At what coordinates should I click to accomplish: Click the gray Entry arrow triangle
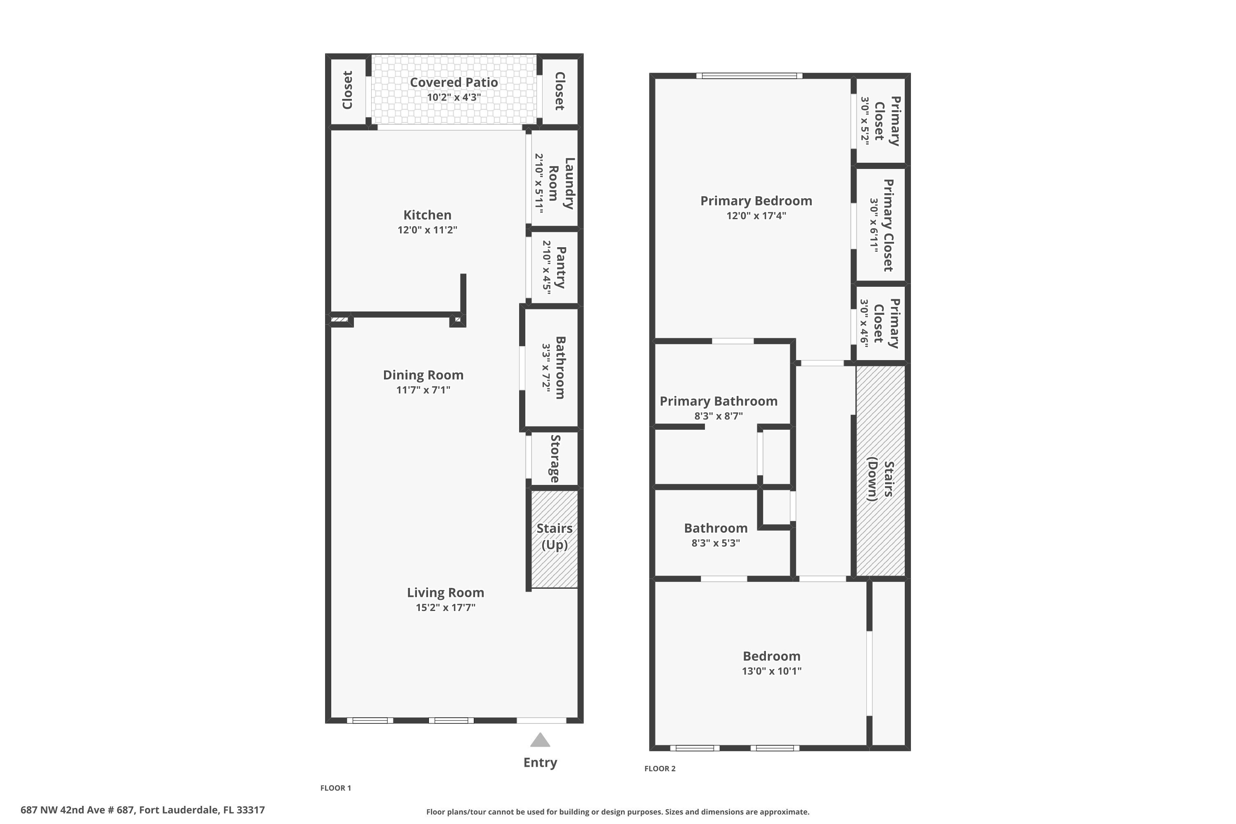pyautogui.click(x=540, y=740)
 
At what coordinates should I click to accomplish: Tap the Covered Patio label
pyautogui.click(x=454, y=82)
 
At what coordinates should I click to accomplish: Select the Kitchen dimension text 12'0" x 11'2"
pyautogui.click(x=427, y=229)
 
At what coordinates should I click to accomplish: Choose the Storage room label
pyautogui.click(x=555, y=459)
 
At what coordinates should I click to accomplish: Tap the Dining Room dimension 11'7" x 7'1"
pyautogui.click(x=423, y=390)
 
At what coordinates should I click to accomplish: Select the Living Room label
pyautogui.click(x=446, y=592)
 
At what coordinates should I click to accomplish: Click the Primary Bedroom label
pyautogui.click(x=756, y=201)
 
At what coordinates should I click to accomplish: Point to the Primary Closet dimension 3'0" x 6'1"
pyautogui.click(x=874, y=225)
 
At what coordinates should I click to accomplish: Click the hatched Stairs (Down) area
pyautogui.click(x=881, y=471)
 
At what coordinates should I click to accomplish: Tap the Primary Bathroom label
pyautogui.click(x=719, y=401)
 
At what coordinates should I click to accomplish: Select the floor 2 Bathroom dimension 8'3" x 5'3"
pyautogui.click(x=716, y=543)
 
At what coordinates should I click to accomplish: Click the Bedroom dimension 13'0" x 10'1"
pyautogui.click(x=771, y=671)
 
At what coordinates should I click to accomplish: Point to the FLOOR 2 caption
pyautogui.click(x=660, y=768)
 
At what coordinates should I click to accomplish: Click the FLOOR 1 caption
pyautogui.click(x=336, y=788)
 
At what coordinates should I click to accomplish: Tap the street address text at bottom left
pyautogui.click(x=143, y=810)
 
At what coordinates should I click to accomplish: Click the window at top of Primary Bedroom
pyautogui.click(x=749, y=76)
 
